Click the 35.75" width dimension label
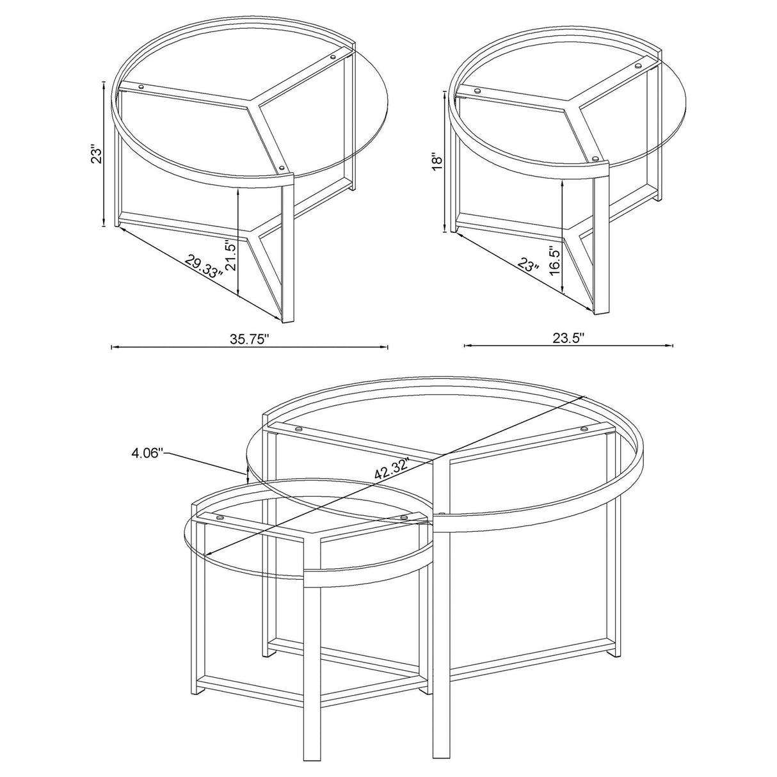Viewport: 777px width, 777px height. click(x=250, y=339)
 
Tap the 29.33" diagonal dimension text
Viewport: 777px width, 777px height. click(x=204, y=264)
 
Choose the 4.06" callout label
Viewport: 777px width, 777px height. click(x=148, y=454)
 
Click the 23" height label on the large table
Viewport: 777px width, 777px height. click(x=97, y=156)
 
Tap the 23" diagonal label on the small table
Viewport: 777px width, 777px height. click(x=529, y=265)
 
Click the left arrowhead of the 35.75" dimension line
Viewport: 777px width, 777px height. click(x=113, y=348)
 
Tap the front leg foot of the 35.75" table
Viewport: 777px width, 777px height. click(x=287, y=318)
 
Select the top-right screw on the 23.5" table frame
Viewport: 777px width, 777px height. click(x=637, y=65)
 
